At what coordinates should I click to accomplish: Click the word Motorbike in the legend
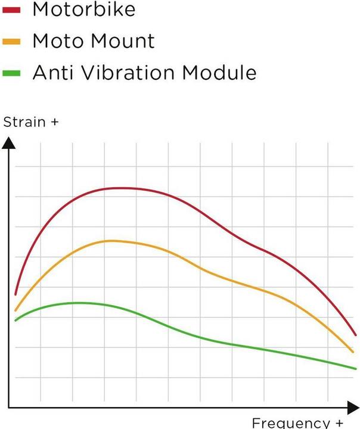[x=84, y=9]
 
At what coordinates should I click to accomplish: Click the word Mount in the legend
[x=122, y=41]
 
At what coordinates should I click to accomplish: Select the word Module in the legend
[x=220, y=73]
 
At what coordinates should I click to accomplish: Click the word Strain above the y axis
[x=24, y=122]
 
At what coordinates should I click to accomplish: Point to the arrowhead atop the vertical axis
[x=9, y=143]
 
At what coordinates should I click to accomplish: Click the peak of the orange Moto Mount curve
[x=111, y=241]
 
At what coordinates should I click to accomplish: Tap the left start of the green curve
[x=15, y=321]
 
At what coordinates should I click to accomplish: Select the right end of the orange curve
[x=353, y=352]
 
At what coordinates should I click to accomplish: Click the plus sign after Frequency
[x=339, y=423]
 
